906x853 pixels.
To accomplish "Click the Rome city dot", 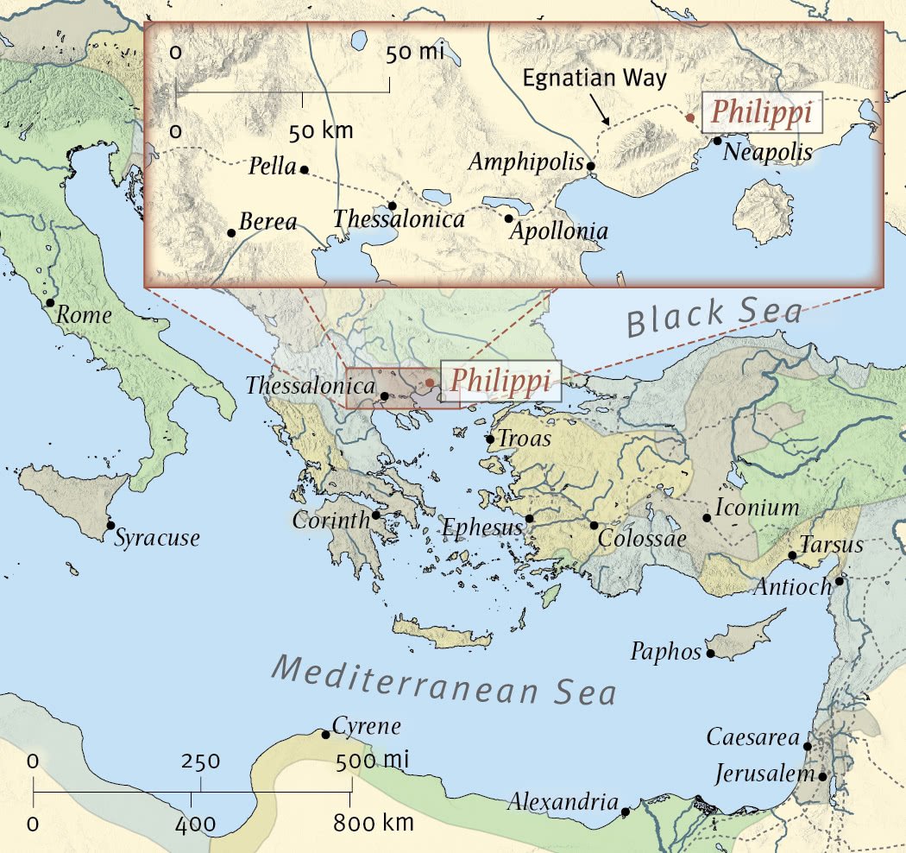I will tap(50, 303).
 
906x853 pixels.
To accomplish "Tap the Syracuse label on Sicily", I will tap(157, 538).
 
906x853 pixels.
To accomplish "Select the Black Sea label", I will tap(714, 316).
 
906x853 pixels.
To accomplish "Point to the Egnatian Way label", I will tap(595, 78).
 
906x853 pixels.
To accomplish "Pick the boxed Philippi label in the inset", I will tap(762, 113).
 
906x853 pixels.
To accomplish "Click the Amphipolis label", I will tap(525, 162).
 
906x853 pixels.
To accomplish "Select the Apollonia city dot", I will tap(509, 218).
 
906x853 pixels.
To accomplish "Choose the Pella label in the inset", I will tap(272, 167).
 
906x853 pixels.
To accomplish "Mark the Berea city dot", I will tap(231, 232).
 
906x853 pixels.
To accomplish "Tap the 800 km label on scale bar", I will tap(374, 823).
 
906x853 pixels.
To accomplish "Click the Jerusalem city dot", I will tap(822, 776).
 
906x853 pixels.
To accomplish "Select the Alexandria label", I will tap(563, 801).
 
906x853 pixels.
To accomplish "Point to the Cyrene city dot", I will tap(325, 735).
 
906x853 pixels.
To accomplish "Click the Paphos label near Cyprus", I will tap(666, 651).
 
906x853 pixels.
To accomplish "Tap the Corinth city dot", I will tap(376, 515).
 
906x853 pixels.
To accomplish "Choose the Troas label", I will tap(524, 439).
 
